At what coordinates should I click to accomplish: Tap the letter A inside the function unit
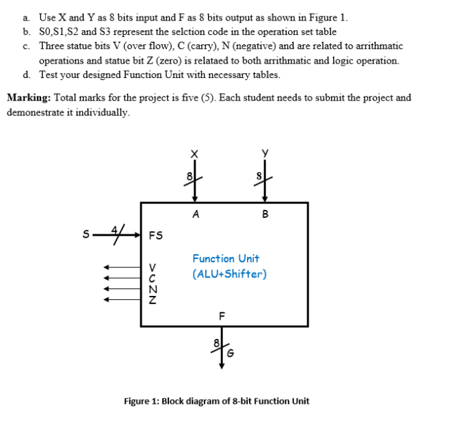coord(196,214)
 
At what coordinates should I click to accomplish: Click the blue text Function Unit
coord(226,258)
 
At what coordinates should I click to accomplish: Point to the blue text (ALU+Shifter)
coord(229,274)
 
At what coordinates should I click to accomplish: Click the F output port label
coord(220,316)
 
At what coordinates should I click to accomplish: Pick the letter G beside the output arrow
coord(231,353)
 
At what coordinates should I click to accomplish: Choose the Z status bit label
coord(153,298)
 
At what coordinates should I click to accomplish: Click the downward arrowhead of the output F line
coord(220,365)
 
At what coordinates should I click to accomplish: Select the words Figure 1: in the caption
coord(142,400)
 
